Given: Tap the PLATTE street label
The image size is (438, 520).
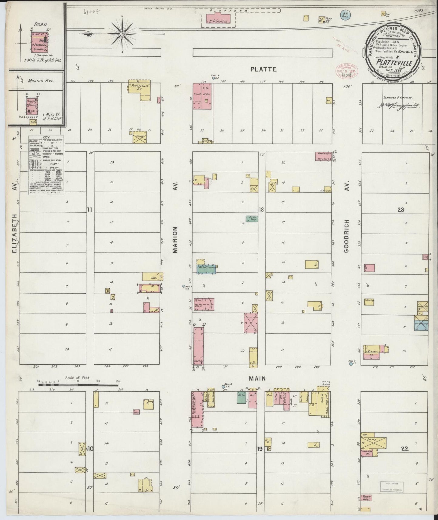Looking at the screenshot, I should tap(263, 69).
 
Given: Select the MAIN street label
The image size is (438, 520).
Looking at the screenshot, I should tap(258, 378).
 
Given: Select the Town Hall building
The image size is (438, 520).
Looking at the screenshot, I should tap(366, 498).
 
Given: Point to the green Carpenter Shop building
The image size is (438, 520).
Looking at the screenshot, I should tap(252, 218).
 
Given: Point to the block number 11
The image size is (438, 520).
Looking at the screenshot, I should tap(89, 209).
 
